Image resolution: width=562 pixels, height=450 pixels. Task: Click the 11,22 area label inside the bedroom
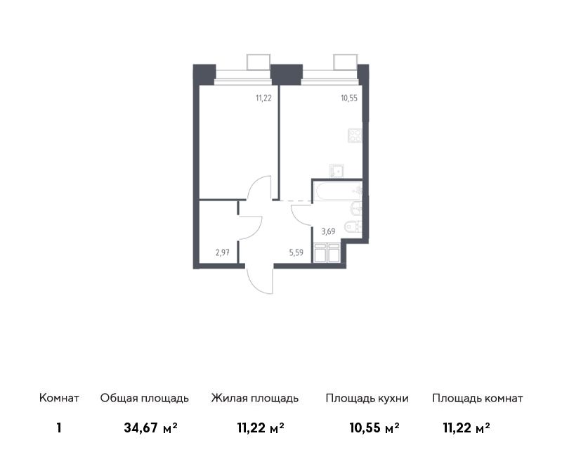pos(263,98)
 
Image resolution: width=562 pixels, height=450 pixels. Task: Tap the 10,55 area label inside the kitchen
pos(349,98)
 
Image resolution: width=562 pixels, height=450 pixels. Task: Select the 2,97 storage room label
pos(222,252)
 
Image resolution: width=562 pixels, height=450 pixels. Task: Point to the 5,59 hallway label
pos(296,252)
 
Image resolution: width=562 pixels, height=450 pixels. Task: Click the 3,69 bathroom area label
pos(328,231)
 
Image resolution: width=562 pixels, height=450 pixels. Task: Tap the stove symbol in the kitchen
pos(355,136)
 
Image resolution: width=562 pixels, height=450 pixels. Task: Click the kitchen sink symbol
pos(337,171)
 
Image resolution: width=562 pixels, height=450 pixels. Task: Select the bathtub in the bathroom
pos(337,191)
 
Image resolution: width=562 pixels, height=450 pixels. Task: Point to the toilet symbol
pos(353,227)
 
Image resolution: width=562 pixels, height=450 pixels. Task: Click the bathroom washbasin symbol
pos(356,209)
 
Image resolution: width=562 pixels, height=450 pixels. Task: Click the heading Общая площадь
pos(145,399)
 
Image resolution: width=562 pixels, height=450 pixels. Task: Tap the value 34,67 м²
pos(150,427)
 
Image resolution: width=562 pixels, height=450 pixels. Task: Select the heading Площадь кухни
pos(367,399)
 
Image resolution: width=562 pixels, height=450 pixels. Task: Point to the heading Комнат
pos(59,398)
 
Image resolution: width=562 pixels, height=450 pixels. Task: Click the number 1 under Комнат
pos(59,428)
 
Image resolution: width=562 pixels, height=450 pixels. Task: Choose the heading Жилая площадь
pos(255,399)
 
